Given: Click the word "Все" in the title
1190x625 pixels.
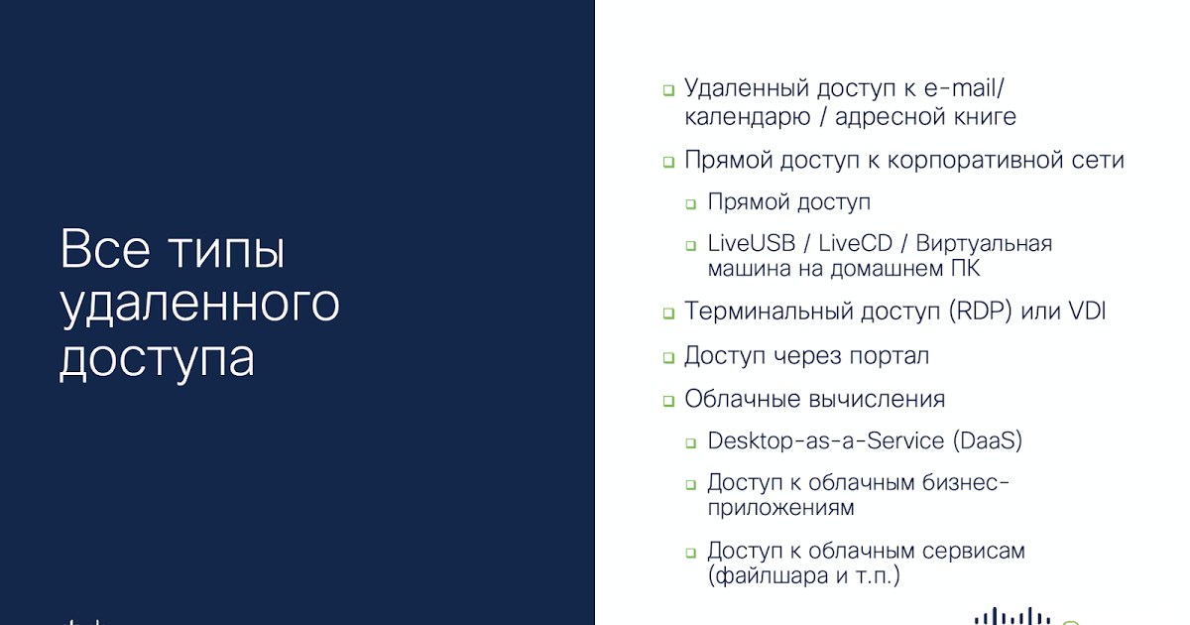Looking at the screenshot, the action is point(105,249).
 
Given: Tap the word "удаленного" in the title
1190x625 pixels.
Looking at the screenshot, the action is point(199,304).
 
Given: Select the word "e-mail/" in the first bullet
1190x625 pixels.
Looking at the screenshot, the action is point(964,88).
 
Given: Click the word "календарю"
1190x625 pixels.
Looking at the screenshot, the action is point(748,117).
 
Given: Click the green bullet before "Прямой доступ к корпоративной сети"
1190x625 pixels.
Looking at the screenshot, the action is point(668,162).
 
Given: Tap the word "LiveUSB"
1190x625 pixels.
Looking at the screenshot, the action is point(752,243).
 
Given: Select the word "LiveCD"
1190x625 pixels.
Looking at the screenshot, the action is point(855,243).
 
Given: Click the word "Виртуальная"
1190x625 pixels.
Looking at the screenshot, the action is point(984,243).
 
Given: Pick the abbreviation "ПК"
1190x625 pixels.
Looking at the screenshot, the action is point(965,269).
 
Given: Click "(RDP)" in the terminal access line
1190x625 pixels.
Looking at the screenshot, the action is point(980,311).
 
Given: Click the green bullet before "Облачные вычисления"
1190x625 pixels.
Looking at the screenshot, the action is point(668,401).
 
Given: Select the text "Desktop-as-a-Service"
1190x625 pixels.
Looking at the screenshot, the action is point(826,440).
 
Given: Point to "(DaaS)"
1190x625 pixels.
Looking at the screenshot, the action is point(988,440).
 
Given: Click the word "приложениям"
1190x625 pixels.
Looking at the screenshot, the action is point(781,508).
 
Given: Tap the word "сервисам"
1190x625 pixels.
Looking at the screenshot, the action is point(973,552).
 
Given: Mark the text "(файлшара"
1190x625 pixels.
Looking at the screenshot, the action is point(769,575).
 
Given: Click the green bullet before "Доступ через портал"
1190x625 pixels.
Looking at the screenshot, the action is point(668,358).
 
